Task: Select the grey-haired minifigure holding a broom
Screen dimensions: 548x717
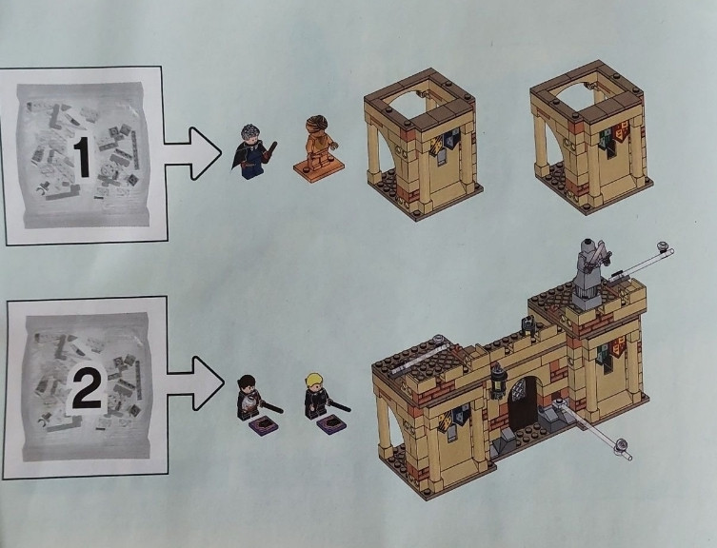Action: pos(251,153)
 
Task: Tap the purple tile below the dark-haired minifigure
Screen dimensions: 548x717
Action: pos(258,428)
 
